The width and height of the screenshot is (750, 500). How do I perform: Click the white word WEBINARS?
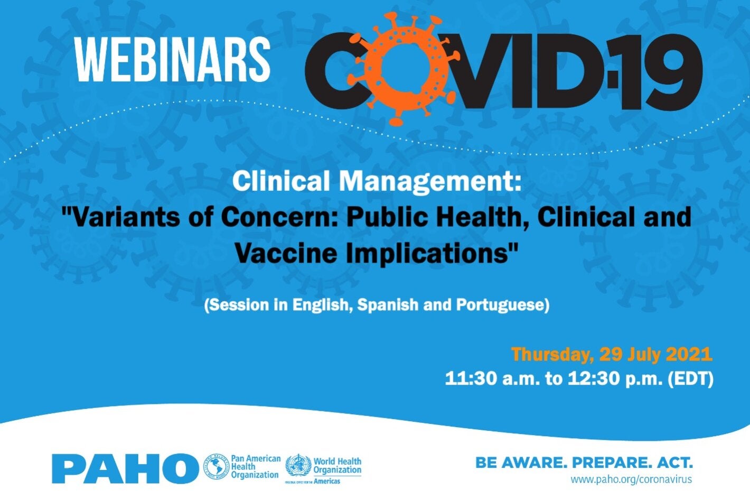click(x=173, y=59)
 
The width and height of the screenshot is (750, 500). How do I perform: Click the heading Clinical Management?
click(x=376, y=181)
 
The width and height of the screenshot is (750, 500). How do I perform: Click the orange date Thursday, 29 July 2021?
click(x=612, y=354)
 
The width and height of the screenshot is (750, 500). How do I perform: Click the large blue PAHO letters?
click(x=125, y=468)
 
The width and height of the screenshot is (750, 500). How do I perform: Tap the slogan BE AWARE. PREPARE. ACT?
click(x=584, y=463)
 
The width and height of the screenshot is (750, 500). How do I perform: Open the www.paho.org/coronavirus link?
click(x=631, y=480)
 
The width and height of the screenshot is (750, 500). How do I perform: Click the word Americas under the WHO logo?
click(x=327, y=482)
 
